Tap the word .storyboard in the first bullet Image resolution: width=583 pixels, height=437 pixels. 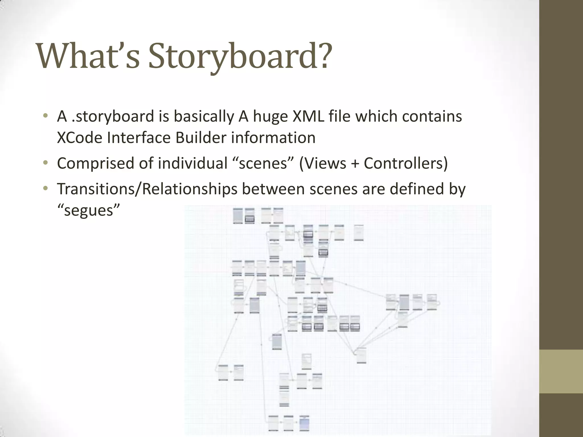point(113,117)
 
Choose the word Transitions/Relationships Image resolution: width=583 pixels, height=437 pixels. point(147,189)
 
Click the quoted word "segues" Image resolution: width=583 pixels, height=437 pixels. point(88,210)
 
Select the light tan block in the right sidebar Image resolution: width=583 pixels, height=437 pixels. point(561,371)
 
